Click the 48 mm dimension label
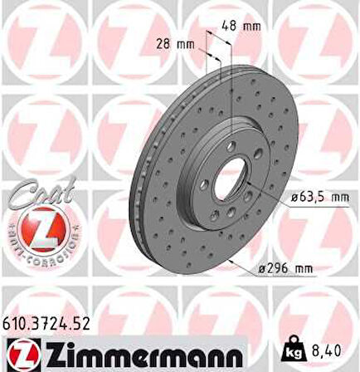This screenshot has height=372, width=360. (x=241, y=26)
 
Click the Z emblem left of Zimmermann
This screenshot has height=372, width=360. (x=19, y=352)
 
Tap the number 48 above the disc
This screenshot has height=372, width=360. (x=230, y=26)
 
